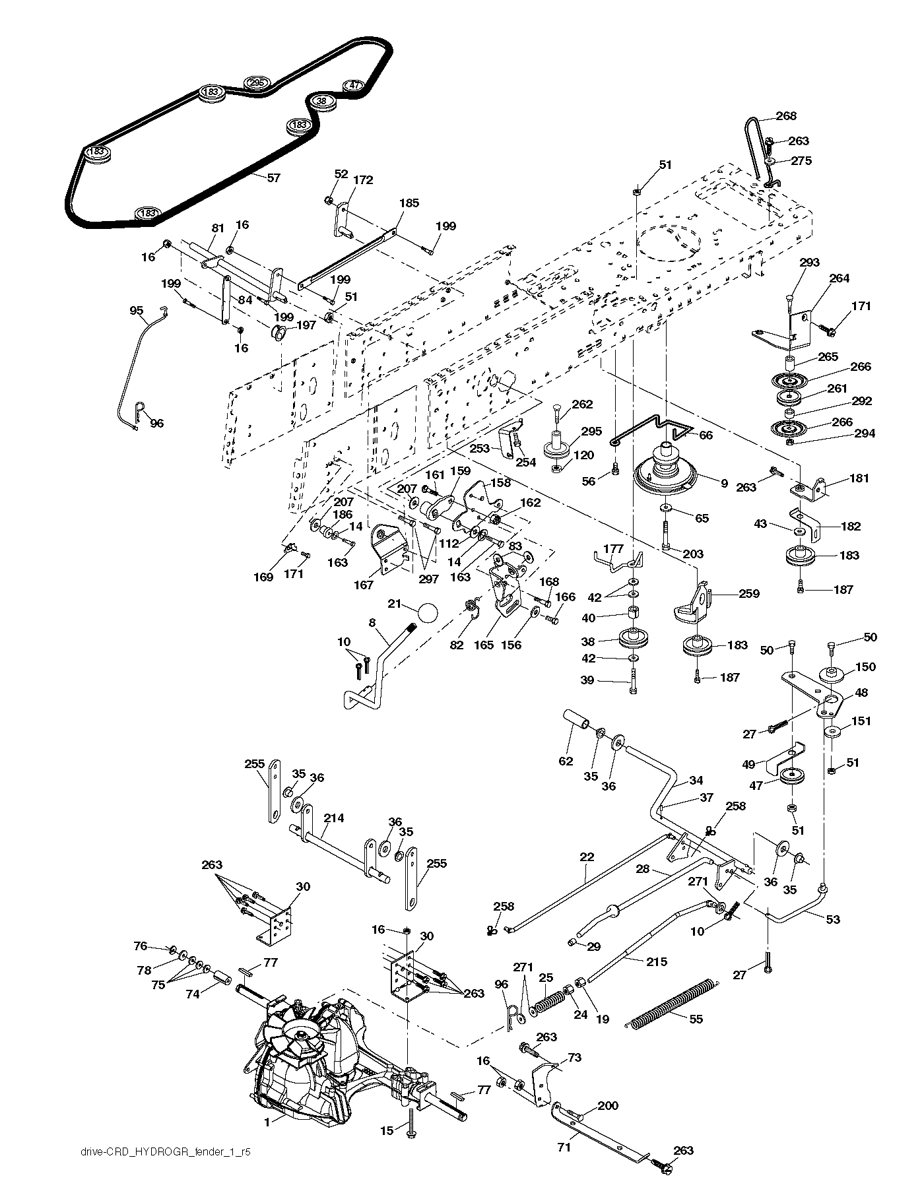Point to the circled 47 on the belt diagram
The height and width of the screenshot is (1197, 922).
[354, 85]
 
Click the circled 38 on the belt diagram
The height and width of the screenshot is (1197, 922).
[321, 100]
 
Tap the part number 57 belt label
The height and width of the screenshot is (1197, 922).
[273, 178]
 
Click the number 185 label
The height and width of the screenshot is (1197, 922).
[409, 203]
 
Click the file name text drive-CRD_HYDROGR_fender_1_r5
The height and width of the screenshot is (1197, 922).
[159, 1169]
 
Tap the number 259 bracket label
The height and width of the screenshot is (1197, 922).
[748, 593]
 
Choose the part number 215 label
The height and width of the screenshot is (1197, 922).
[656, 962]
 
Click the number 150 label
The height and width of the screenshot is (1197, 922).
[865, 666]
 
